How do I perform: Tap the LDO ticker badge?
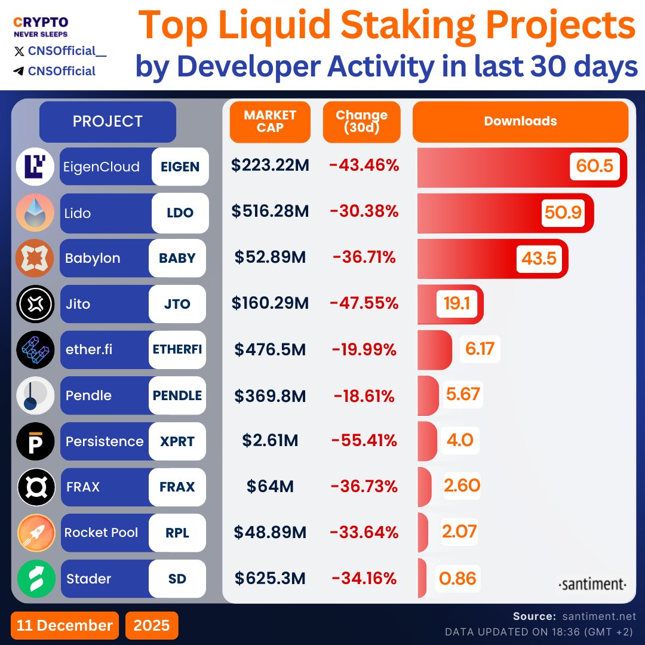180,213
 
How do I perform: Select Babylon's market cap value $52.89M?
270,258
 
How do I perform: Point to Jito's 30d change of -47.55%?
364,303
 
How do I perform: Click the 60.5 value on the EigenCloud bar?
595,166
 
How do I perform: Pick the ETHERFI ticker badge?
177,349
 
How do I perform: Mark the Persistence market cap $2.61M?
270,441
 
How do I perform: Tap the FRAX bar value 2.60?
462,486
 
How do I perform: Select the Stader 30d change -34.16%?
364,578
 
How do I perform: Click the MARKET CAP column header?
270,121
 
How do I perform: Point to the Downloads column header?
520,121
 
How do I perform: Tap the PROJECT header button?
107,121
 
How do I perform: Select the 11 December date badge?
64,625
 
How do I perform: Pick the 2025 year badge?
152,625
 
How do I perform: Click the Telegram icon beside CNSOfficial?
19,71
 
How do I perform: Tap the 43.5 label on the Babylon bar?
539,258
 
